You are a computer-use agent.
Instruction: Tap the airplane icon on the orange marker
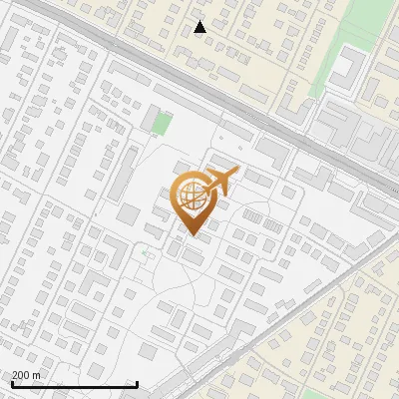[x=222, y=181]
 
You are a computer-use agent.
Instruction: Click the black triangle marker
[x=200, y=27]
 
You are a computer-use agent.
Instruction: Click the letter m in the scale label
[x=37, y=376]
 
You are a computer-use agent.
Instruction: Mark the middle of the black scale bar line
[x=75, y=384]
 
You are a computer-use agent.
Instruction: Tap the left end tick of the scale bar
[x=12, y=383]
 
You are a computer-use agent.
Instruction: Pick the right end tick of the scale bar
[x=137, y=383]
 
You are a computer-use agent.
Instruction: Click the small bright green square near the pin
[x=161, y=124]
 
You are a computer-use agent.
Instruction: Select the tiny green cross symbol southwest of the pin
[x=145, y=251]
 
